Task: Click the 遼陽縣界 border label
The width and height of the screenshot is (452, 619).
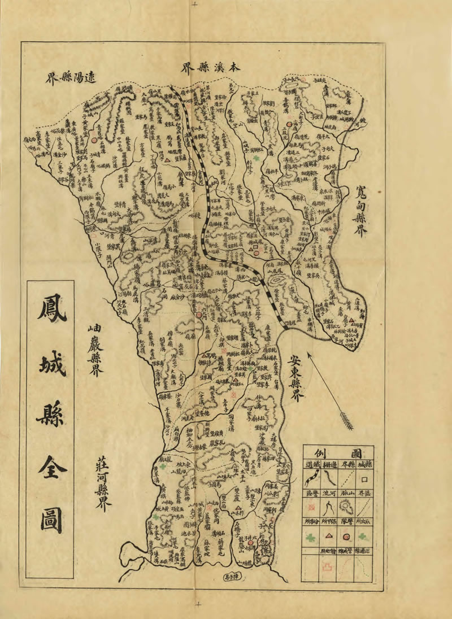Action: coord(70,78)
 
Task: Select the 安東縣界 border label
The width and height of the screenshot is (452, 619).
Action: coord(295,378)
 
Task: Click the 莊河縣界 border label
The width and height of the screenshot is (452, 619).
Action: coord(101,480)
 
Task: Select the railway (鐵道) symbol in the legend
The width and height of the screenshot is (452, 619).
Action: coord(310,480)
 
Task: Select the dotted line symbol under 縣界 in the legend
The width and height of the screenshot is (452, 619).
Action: coord(346,480)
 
